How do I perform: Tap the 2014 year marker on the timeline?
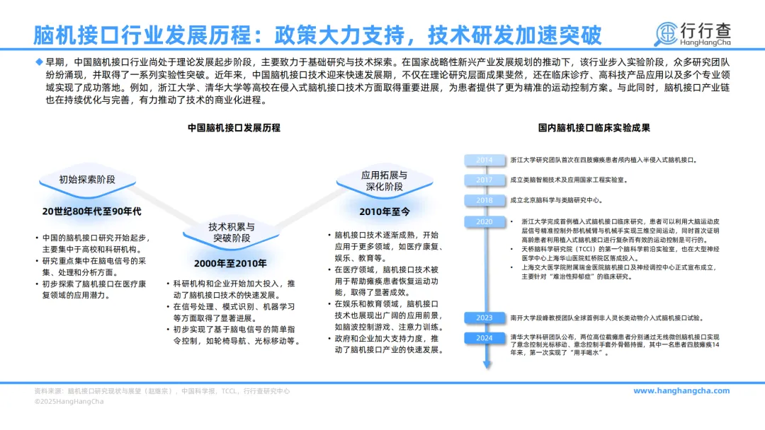click(485, 161)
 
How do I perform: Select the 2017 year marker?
click(485, 180)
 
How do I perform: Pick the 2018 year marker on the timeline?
click(485, 200)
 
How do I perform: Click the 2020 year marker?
click(485, 221)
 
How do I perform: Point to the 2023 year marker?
click(485, 318)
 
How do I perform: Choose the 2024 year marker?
click(485, 338)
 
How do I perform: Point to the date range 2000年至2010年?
click(231, 264)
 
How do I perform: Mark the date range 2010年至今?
click(384, 211)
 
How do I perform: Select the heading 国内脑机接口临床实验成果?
click(594, 128)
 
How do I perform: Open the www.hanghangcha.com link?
click(681, 391)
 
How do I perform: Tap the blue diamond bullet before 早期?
click(39, 62)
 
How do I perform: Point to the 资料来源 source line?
click(162, 391)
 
